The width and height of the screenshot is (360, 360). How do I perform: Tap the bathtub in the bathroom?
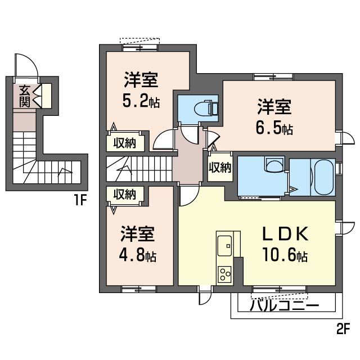(x=323, y=177)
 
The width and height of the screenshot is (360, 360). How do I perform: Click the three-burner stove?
(x=225, y=274)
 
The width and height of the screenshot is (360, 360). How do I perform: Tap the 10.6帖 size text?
(x=284, y=256)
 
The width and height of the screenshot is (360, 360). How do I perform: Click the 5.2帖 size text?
(x=141, y=101)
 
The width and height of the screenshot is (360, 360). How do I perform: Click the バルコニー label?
(x=284, y=306)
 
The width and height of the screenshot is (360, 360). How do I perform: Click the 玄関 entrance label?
(x=24, y=96)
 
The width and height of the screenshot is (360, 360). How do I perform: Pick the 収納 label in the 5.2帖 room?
(x=127, y=142)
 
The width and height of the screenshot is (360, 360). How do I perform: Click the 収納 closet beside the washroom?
(x=220, y=167)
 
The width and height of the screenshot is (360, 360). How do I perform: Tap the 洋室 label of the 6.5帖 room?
(x=274, y=106)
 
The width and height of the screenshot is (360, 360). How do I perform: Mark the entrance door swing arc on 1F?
(x=26, y=65)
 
